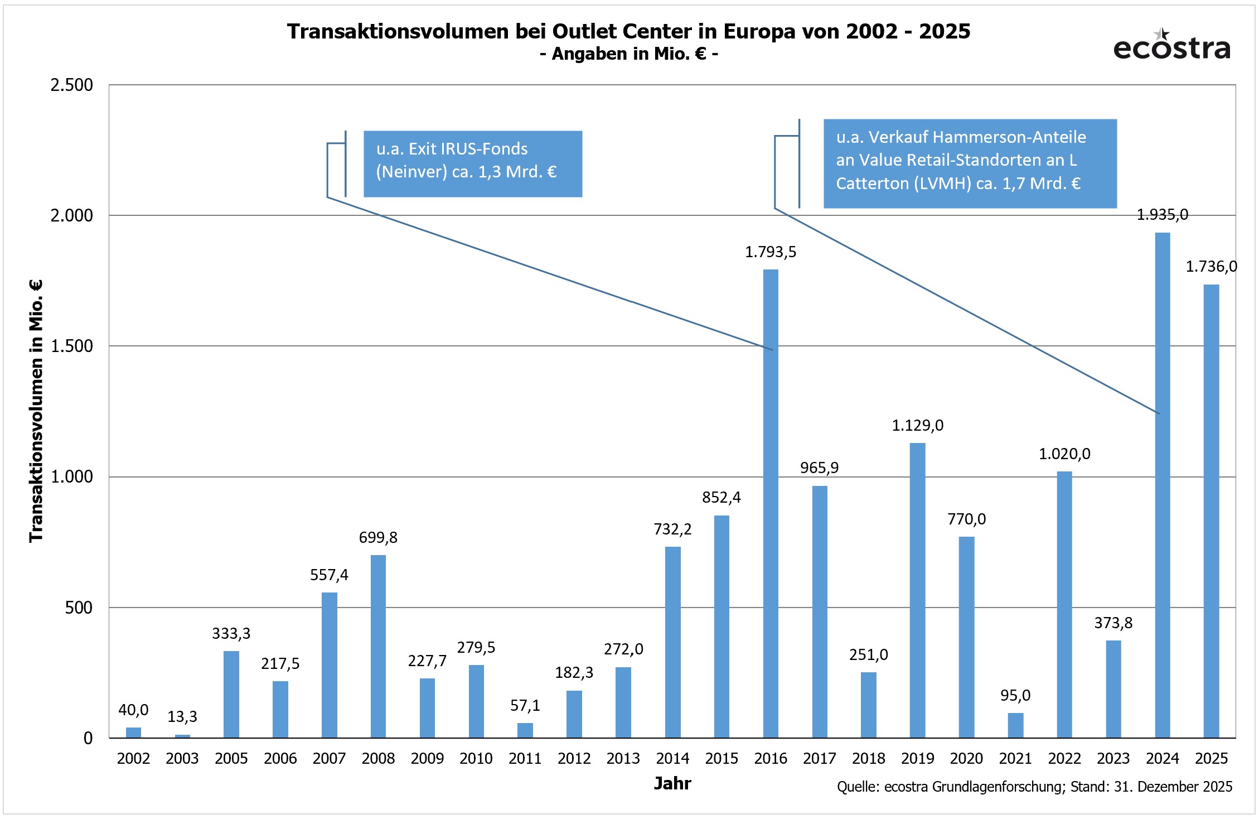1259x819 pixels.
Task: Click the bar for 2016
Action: (x=771, y=502)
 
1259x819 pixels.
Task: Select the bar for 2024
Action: (x=1163, y=485)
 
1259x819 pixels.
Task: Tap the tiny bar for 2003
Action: (x=182, y=736)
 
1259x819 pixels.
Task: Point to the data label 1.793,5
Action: (x=771, y=252)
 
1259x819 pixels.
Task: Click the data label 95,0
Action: (x=1015, y=695)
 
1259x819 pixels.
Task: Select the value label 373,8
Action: (x=1113, y=623)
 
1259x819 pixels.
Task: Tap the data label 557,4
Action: (x=329, y=575)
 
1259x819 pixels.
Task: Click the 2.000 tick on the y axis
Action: (x=71, y=215)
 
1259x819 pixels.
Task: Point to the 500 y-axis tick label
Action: (x=79, y=608)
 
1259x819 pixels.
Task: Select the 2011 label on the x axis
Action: (x=525, y=758)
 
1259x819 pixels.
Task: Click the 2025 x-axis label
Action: (x=1211, y=758)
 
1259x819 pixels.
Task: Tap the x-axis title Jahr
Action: (x=672, y=783)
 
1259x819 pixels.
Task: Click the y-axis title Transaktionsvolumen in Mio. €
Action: (x=36, y=411)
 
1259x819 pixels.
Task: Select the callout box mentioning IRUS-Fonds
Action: (x=472, y=163)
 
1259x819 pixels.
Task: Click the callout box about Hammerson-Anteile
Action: (x=970, y=163)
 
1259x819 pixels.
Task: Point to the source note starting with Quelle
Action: (x=1034, y=787)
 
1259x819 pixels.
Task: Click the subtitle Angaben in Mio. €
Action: (x=629, y=54)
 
